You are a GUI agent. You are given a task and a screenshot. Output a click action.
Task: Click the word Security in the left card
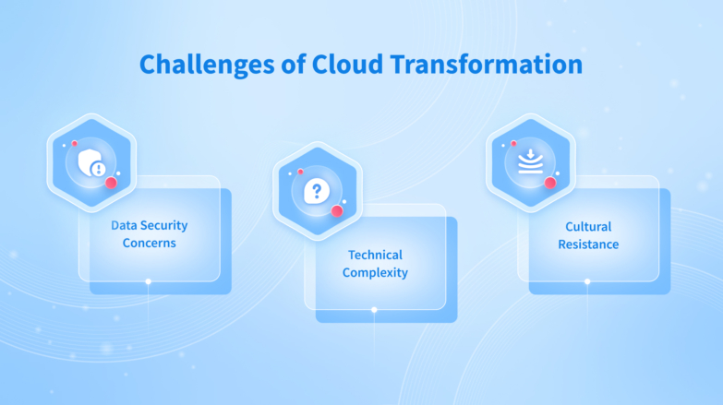[163, 225]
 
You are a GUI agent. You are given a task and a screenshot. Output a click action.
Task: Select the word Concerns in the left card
[149, 244]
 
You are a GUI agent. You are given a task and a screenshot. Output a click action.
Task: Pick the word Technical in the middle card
[375, 255]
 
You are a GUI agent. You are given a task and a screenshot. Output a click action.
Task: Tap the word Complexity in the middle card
[375, 273]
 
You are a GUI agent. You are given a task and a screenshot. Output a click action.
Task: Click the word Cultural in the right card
[588, 226]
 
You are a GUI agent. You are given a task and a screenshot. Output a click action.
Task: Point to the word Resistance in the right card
[588, 244]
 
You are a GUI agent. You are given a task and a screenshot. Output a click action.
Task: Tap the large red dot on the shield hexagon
[111, 184]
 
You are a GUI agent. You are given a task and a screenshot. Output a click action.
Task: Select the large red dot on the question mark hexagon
[337, 211]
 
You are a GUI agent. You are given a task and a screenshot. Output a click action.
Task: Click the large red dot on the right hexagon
[550, 183]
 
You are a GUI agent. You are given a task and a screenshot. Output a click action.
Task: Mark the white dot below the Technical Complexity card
[374, 310]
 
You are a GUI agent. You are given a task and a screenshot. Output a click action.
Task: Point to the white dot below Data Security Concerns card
[148, 281]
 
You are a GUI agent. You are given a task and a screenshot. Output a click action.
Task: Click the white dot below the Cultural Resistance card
[588, 281]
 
